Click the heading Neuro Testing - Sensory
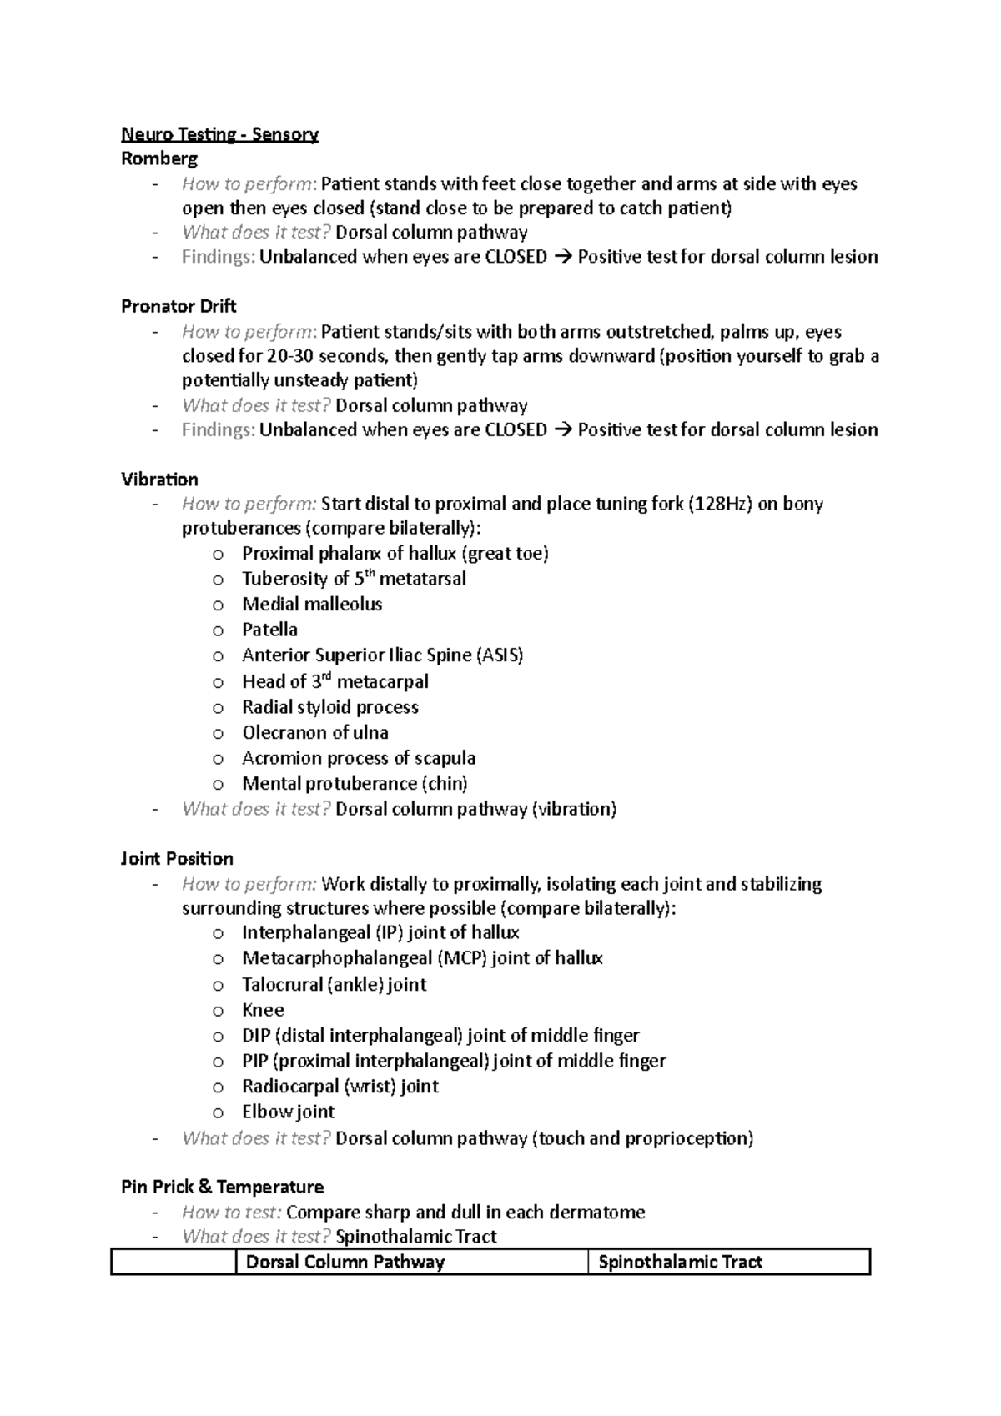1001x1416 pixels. click(219, 134)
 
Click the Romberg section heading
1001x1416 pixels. click(159, 158)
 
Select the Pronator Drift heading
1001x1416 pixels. click(179, 306)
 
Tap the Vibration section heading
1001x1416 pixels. click(159, 480)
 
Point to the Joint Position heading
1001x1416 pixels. click(177, 859)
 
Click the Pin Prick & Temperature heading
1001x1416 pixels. click(222, 1187)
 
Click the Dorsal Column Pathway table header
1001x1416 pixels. click(345, 1262)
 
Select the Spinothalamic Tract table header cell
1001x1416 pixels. click(680, 1262)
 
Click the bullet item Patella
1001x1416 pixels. click(269, 630)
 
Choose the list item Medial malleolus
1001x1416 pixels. click(312, 604)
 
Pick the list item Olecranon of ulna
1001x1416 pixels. click(314, 732)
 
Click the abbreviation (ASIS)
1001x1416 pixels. click(499, 655)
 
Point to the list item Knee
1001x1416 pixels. click(263, 1010)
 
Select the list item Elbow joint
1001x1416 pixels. click(288, 1112)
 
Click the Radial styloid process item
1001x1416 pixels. click(329, 707)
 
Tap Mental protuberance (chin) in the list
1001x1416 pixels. click(355, 783)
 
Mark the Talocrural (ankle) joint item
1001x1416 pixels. click(334, 985)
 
